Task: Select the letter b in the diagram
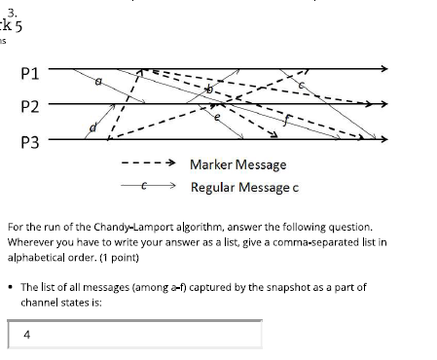coord(206,90)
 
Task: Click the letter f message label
coord(284,123)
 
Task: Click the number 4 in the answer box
coord(26,335)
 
